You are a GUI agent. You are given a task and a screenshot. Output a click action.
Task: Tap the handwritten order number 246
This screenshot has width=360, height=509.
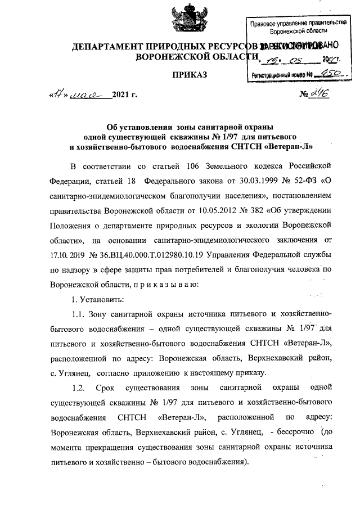317,94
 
